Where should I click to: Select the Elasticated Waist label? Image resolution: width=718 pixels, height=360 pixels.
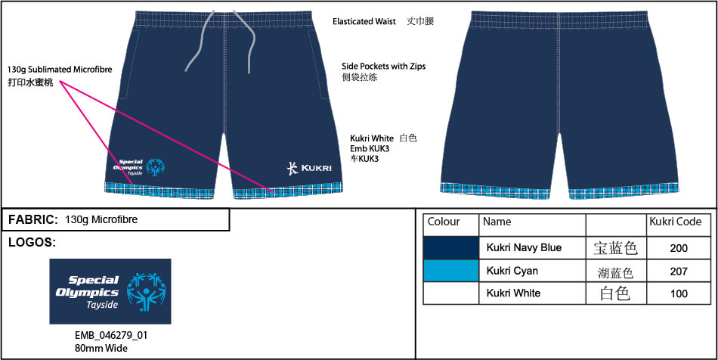click(x=364, y=22)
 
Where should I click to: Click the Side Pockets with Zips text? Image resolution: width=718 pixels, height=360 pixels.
click(x=383, y=67)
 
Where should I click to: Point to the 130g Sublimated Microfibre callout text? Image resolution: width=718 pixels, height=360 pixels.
click(x=60, y=70)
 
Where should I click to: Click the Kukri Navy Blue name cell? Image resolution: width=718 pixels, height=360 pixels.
click(x=524, y=248)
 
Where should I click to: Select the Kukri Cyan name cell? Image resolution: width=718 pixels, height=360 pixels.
click(x=514, y=271)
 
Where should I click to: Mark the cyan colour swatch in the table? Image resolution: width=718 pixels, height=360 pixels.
click(x=451, y=271)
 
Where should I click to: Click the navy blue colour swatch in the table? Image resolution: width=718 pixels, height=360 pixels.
click(x=451, y=248)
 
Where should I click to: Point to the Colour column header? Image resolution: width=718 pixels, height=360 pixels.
click(x=444, y=222)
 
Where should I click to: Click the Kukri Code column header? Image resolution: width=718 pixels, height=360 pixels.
click(x=676, y=222)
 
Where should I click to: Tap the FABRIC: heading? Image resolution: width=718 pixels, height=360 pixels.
click(x=33, y=220)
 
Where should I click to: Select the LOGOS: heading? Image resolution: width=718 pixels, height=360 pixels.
click(x=32, y=243)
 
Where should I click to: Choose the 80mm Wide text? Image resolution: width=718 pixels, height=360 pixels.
click(x=100, y=348)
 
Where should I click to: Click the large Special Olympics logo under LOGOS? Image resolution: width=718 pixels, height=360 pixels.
click(x=110, y=291)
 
